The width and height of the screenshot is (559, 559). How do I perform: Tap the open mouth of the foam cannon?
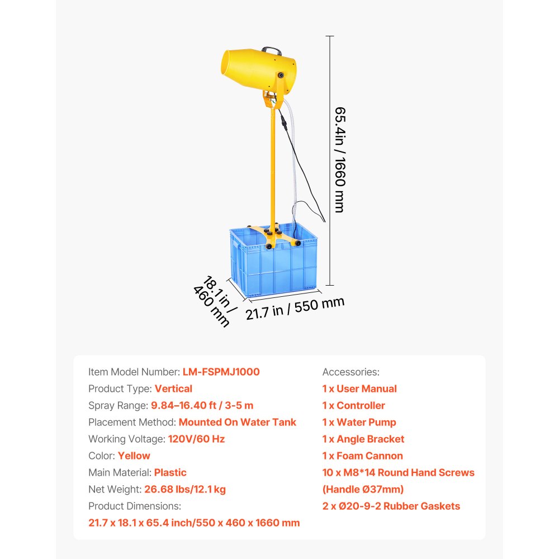230,66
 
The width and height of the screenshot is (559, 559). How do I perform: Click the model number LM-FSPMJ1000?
221,372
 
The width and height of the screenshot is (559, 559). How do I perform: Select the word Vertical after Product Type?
173,389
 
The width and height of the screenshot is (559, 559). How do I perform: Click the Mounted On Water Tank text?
237,422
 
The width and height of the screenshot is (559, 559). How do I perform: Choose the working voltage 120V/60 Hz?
196,439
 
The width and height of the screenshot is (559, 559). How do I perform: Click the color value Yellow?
134,456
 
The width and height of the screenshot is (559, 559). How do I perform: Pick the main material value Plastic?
170,472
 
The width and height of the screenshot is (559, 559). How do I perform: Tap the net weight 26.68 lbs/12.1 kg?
184,489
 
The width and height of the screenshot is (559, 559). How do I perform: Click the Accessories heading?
350,372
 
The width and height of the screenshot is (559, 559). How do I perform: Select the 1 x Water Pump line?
359,422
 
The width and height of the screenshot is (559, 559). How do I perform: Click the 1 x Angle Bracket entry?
363,439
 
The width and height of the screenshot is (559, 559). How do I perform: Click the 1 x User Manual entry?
359,389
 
